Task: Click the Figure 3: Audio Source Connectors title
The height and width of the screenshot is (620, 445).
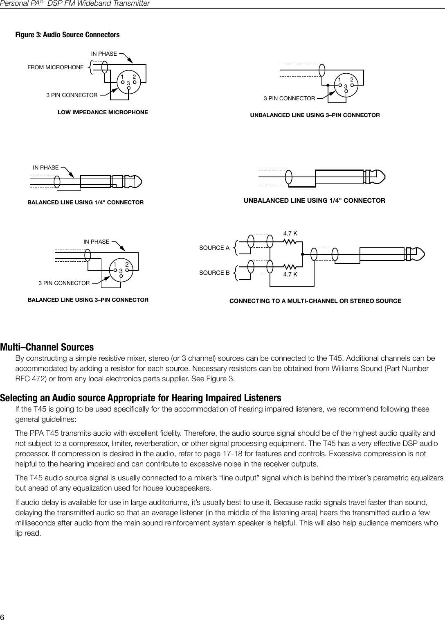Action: point(67,35)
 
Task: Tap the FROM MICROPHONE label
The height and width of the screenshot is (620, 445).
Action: point(55,67)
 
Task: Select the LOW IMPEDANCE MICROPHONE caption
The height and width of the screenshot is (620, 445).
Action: point(103,112)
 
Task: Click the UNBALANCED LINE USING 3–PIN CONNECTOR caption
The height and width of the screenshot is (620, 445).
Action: point(315,115)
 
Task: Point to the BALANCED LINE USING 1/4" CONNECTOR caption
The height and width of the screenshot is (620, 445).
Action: point(85,203)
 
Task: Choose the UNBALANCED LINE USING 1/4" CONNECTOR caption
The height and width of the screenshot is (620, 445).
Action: point(315,201)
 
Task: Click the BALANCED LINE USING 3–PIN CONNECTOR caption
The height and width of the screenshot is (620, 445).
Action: point(88,300)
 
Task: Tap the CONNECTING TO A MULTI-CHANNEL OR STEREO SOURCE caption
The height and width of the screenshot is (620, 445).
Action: point(315,301)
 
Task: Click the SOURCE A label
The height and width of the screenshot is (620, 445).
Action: point(214,248)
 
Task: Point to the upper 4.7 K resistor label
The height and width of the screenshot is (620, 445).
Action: point(290,233)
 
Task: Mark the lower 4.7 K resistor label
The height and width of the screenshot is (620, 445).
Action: point(290,274)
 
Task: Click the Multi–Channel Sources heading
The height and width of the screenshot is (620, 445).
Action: point(47,347)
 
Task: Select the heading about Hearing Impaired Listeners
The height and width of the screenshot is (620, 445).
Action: point(141,398)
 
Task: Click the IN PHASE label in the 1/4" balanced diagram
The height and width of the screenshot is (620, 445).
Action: point(45,167)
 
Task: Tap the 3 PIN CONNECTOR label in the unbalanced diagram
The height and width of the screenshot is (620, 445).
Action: point(289,99)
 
